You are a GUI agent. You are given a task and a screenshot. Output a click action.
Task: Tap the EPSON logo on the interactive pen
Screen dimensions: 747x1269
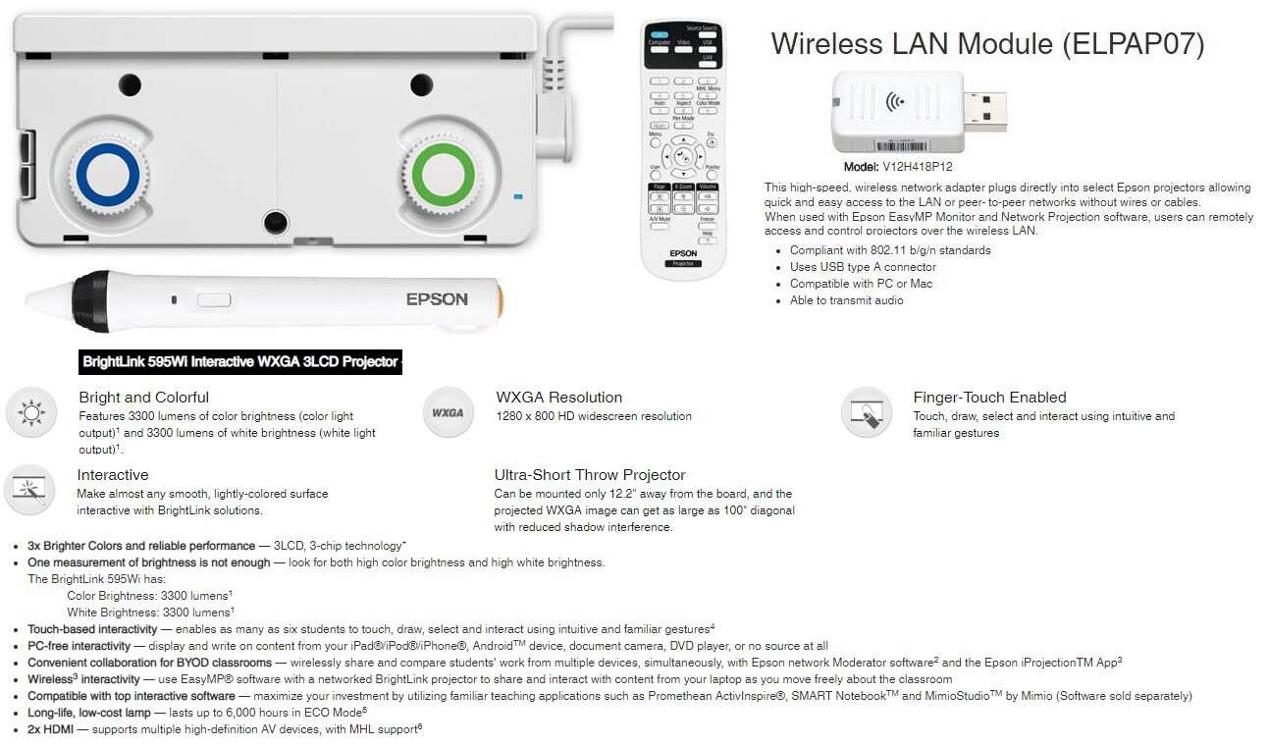(x=437, y=299)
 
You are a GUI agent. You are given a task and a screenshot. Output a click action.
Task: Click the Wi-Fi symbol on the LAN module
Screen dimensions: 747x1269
(x=895, y=101)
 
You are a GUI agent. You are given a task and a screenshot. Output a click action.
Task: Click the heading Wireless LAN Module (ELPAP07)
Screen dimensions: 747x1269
(x=987, y=44)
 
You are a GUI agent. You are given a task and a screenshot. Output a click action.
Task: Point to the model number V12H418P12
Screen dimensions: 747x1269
(x=918, y=167)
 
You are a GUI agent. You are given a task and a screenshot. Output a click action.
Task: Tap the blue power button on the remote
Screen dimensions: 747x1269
(x=659, y=33)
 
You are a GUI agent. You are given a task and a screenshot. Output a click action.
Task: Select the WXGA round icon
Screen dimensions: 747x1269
(x=448, y=412)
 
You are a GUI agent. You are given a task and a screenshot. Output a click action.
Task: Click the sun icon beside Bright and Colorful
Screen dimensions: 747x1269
(x=30, y=412)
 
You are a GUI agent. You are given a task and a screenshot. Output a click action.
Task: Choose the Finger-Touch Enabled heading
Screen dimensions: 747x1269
(x=989, y=398)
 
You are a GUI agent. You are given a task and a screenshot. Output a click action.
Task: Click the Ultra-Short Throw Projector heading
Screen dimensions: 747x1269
(x=590, y=475)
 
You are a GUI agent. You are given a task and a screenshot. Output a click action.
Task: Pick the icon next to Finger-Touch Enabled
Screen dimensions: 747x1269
(x=867, y=412)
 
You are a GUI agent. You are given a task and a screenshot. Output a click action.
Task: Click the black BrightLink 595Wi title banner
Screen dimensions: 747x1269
(x=240, y=362)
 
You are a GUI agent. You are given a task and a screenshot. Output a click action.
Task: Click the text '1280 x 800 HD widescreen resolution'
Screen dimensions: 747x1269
(x=594, y=416)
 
